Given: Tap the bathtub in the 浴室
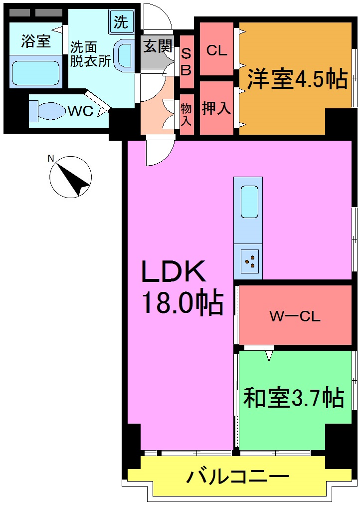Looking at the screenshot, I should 35,72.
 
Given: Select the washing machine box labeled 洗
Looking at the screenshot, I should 121,22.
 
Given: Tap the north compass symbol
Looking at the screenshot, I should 70,177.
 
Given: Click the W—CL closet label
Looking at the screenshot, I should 295,316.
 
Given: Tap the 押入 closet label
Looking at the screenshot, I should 216,108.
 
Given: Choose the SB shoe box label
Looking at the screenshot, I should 185,62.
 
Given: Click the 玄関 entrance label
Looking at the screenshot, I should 158,47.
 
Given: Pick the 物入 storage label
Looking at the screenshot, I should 186,114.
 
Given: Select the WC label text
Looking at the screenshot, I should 81,111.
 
